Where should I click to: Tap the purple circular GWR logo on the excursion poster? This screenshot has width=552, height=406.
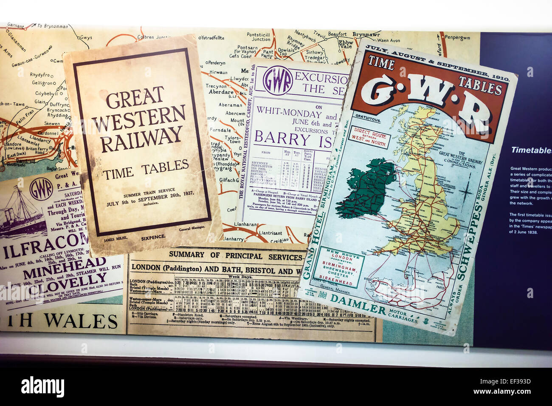pyautogui.click(x=277, y=80)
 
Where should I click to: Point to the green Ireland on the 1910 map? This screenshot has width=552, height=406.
pyautogui.click(x=371, y=187)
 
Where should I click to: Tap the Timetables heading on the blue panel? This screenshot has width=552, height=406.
pyautogui.click(x=531, y=150)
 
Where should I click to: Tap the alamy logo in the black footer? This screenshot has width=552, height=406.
pyautogui.click(x=42, y=387)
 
